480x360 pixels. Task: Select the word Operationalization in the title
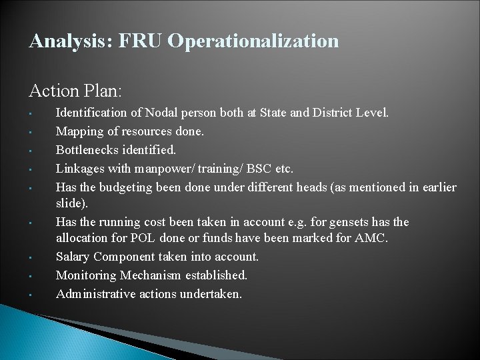tap(253, 42)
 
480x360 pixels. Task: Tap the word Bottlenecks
tap(87, 150)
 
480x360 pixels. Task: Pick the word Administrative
tap(95, 293)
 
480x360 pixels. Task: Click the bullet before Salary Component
tap(31, 257)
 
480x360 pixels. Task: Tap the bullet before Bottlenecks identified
tap(31, 151)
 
